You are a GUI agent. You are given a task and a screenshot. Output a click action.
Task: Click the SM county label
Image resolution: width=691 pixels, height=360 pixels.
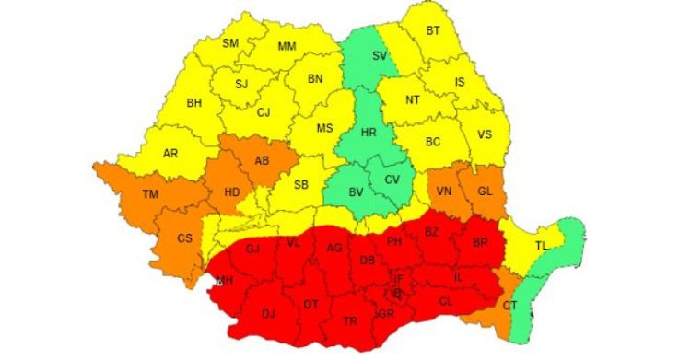pyautogui.click(x=230, y=43)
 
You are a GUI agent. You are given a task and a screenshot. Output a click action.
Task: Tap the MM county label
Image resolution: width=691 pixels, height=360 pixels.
pyautogui.click(x=287, y=46)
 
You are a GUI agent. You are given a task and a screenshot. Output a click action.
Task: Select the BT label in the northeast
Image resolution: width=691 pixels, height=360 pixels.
pyautogui.click(x=432, y=30)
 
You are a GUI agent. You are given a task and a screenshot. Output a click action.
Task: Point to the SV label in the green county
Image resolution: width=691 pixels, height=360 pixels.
pyautogui.click(x=379, y=55)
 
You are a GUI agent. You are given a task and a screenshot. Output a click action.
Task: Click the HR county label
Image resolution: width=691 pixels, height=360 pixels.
pyautogui.click(x=369, y=133)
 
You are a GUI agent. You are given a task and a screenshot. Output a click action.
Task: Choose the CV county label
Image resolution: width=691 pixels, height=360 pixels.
pyautogui.click(x=392, y=180)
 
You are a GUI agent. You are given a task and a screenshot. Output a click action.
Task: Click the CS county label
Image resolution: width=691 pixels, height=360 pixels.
pyautogui.click(x=185, y=238)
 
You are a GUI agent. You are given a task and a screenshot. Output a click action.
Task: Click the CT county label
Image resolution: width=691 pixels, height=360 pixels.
pyautogui.click(x=509, y=305)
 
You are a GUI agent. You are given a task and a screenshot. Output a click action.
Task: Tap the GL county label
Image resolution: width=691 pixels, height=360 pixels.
pyautogui.click(x=485, y=191)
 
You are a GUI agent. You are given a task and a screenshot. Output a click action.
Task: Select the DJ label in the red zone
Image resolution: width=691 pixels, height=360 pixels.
pyautogui.click(x=268, y=314)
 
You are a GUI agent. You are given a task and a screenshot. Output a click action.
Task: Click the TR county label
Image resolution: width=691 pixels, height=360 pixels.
pyautogui.click(x=350, y=321)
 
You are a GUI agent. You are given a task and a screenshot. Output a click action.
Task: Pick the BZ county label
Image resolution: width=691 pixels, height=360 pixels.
pyautogui.click(x=431, y=232)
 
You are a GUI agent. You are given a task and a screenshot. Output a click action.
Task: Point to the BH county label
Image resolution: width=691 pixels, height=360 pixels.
pyautogui.click(x=193, y=103)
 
